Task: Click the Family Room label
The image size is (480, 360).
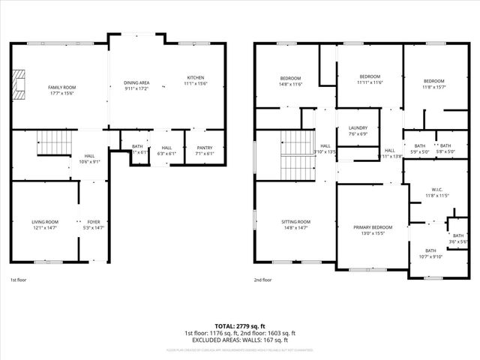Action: (62, 87)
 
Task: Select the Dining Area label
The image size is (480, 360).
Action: (136, 82)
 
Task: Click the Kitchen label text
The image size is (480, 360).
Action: (195, 78)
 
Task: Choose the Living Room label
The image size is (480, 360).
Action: (45, 222)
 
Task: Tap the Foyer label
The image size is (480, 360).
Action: (93, 222)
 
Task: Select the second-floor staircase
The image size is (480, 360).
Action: (295, 154)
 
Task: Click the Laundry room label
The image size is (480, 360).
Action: (358, 127)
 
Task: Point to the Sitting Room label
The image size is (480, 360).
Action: (295, 222)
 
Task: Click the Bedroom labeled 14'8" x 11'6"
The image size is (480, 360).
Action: (291, 79)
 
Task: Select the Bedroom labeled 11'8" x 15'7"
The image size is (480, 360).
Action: (433, 81)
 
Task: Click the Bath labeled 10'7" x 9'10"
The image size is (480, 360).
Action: (430, 250)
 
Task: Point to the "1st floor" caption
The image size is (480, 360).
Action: (18, 280)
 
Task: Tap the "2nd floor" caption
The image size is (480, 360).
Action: (262, 280)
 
